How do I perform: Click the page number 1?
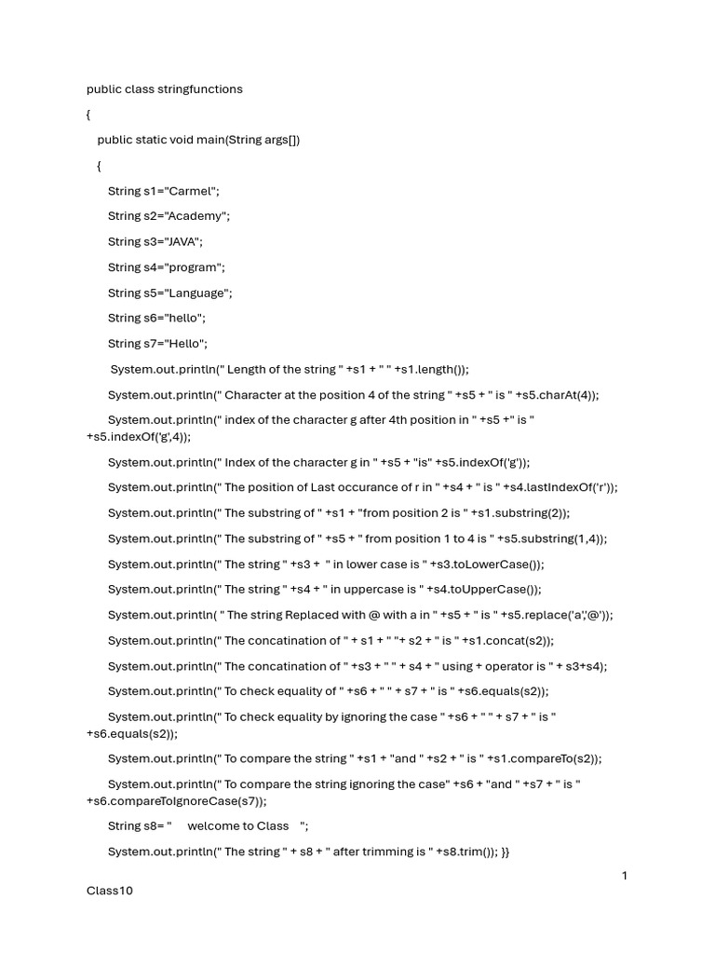(626, 876)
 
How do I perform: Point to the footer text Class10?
(110, 891)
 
